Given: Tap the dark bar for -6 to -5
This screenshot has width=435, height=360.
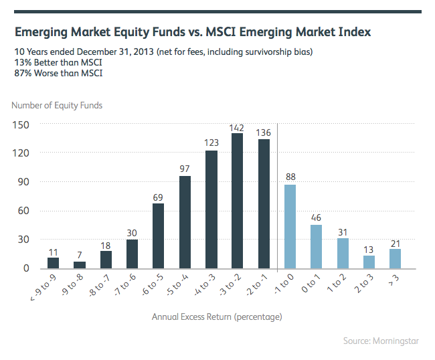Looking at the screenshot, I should (x=159, y=236).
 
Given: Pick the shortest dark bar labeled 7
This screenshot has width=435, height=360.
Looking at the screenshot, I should (x=80, y=265).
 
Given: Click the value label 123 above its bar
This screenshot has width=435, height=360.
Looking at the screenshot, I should (x=211, y=143).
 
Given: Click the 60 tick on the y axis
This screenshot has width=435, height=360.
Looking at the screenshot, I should (x=25, y=211).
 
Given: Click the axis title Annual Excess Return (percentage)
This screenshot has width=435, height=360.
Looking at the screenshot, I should (x=217, y=316).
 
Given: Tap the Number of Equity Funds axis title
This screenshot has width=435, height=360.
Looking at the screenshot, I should (x=57, y=105).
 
